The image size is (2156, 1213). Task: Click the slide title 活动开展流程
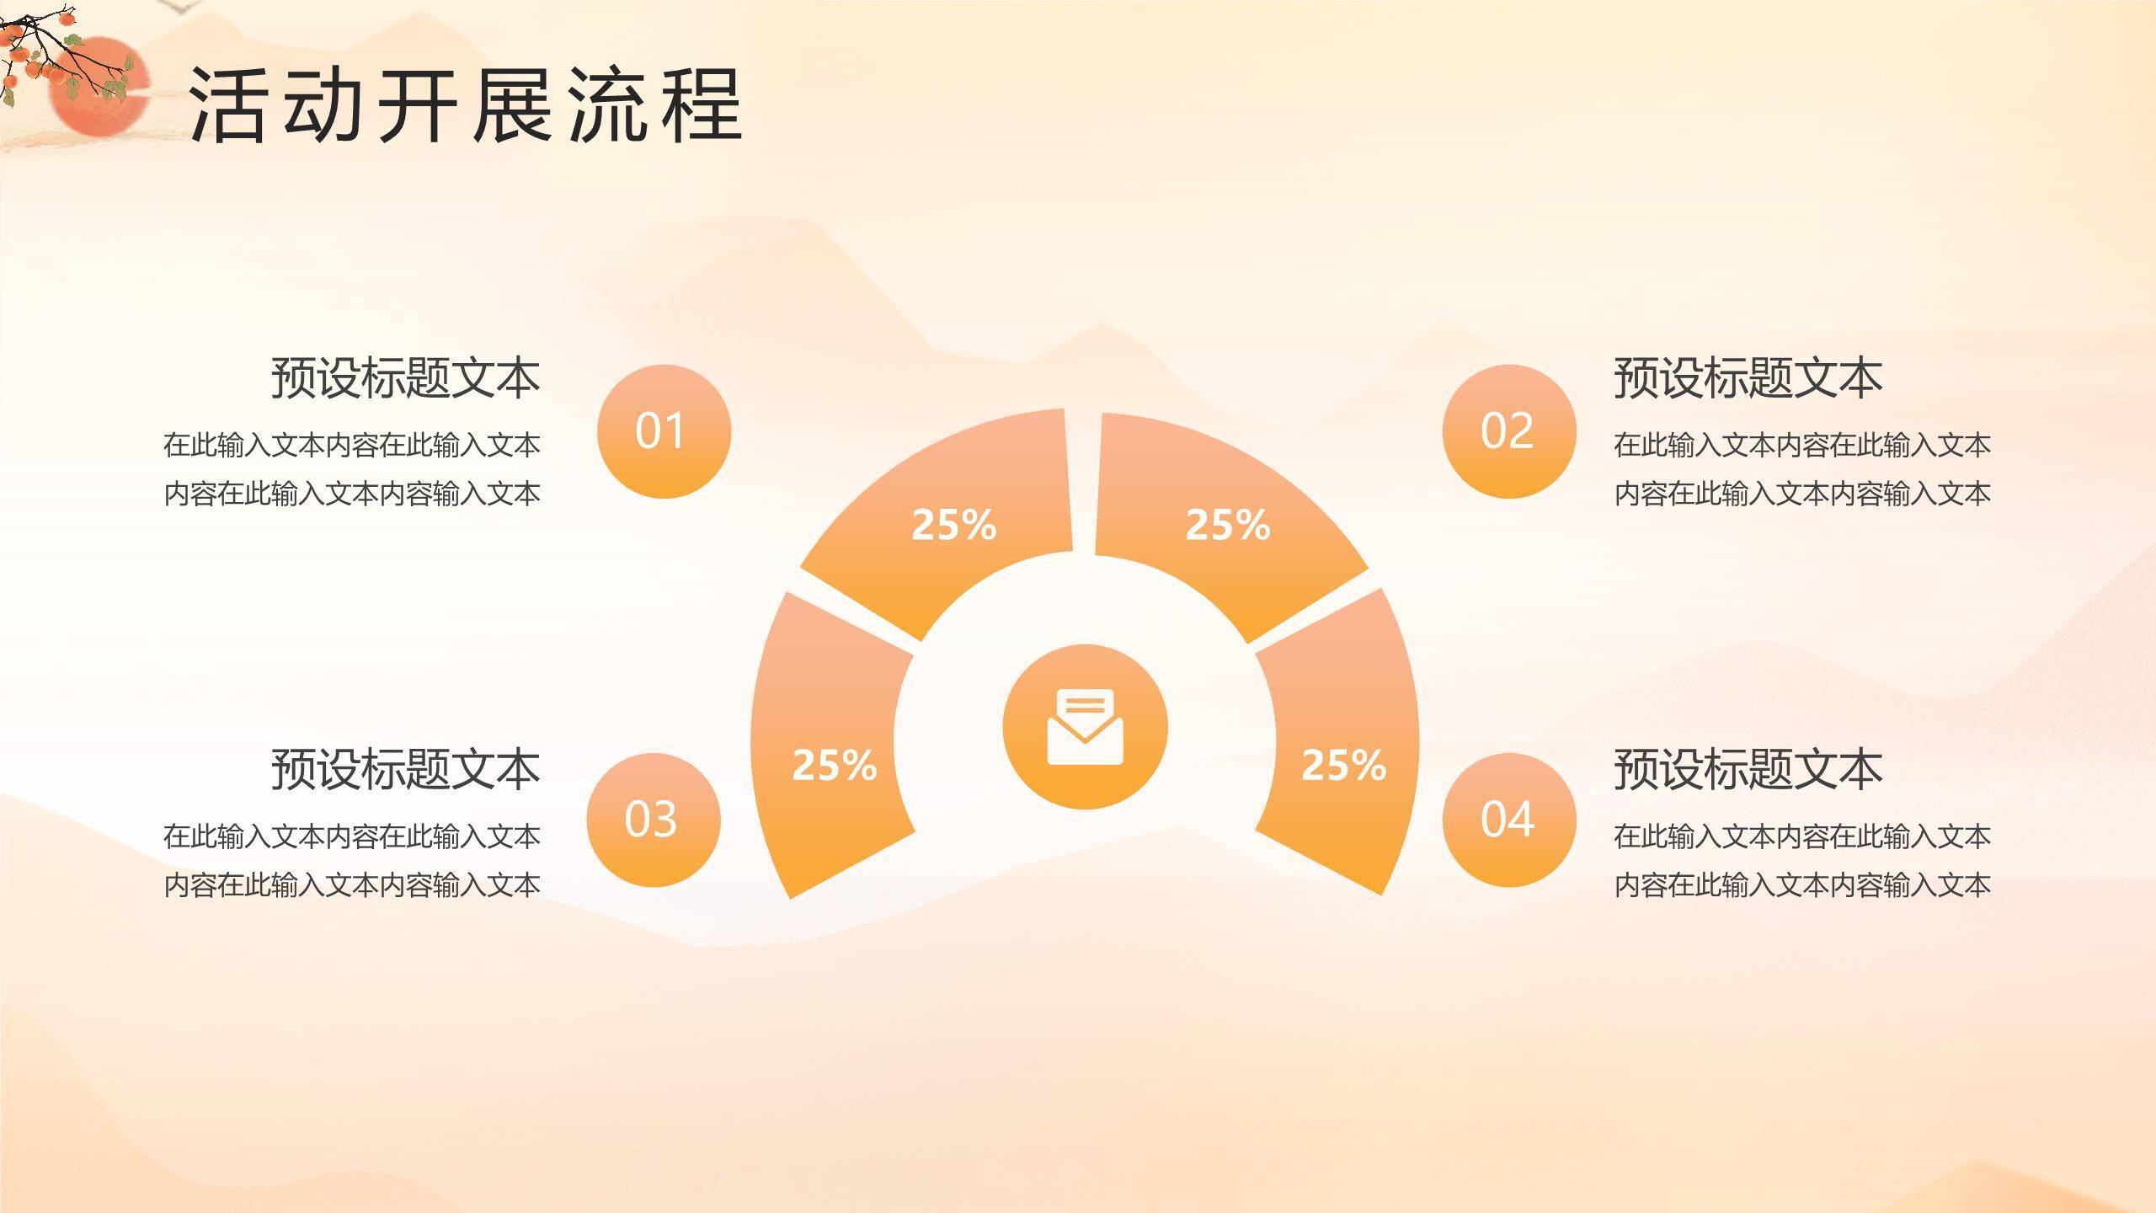point(465,104)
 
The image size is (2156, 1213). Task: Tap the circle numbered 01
point(664,431)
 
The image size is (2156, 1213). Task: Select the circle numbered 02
point(1508,431)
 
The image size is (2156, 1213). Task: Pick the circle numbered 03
point(653,819)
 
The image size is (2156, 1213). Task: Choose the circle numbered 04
point(1508,819)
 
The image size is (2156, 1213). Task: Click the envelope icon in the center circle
point(1085,727)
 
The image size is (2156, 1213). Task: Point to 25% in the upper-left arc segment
point(953,525)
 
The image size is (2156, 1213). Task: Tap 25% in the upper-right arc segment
point(1227,525)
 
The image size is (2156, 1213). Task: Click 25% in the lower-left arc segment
point(834,765)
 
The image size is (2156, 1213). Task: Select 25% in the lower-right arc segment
point(1343,765)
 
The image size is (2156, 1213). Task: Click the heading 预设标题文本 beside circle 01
point(405,377)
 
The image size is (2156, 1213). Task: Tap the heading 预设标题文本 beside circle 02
point(1748,377)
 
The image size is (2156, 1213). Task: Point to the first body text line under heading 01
point(352,445)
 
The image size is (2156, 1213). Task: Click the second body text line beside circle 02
point(1802,494)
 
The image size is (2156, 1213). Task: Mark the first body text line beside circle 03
point(352,836)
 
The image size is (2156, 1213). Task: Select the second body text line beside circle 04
point(1802,885)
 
